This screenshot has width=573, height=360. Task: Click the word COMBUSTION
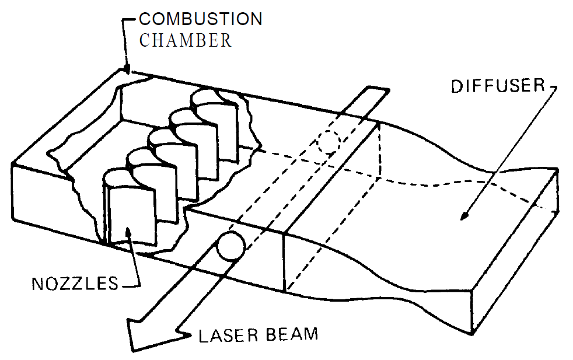200,19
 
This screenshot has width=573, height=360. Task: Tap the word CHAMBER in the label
185,41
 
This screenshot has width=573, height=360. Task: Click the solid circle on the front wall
229,246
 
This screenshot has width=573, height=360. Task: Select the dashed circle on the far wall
329,141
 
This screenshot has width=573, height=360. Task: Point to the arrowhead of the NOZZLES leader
127,232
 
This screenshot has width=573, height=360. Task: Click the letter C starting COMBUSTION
144,19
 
